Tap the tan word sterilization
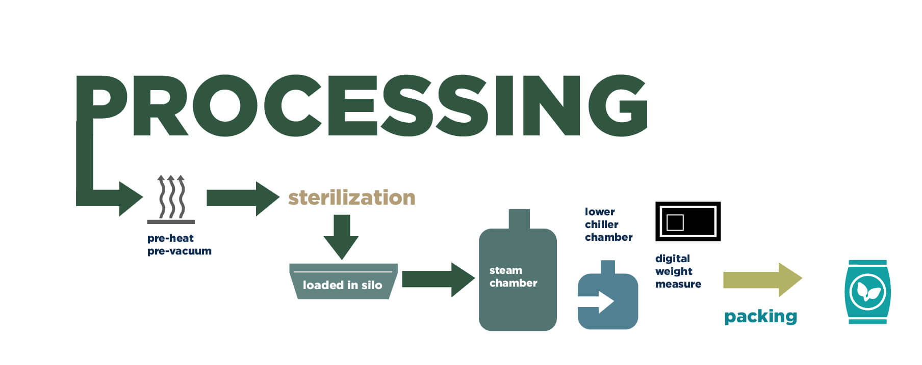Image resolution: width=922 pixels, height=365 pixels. (351, 198)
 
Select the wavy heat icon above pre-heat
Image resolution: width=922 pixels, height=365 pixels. (171, 199)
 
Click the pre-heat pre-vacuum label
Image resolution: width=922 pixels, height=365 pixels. (179, 244)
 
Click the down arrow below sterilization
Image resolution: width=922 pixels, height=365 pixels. (341, 236)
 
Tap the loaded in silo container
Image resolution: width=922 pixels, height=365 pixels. (343, 282)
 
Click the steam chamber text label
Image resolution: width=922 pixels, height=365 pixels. (513, 276)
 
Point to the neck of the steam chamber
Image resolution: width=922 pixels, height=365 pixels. (519, 219)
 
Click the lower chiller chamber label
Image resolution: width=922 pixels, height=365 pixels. (608, 224)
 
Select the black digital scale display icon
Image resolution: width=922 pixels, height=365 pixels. (687, 221)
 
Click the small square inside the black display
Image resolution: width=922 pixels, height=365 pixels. (675, 222)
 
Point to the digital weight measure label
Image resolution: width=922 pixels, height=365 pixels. (678, 271)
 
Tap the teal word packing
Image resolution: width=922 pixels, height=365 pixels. (760, 317)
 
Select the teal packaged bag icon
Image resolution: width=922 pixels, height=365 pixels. (867, 292)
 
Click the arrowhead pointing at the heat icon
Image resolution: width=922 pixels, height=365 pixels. (130, 199)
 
